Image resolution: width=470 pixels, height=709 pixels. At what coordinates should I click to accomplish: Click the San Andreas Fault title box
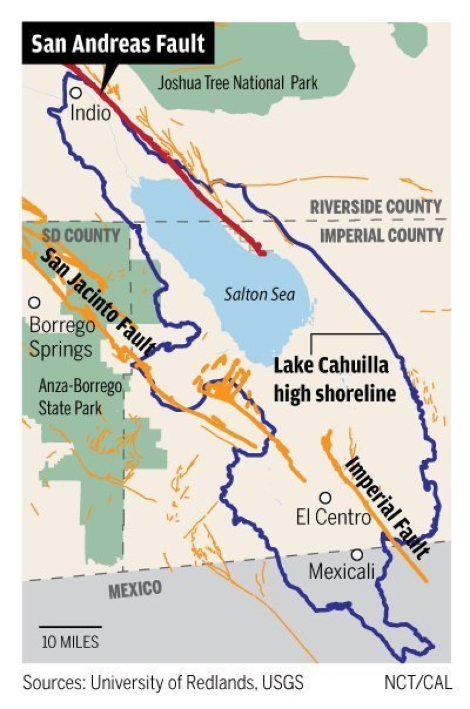[117, 44]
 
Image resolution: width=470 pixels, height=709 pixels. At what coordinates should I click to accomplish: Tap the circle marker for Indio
[76, 93]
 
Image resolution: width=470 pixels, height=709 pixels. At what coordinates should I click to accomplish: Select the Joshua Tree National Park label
[238, 84]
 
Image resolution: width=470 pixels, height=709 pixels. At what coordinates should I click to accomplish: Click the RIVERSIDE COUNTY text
[376, 207]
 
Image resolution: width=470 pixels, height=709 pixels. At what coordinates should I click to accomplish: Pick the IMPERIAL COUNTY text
[382, 235]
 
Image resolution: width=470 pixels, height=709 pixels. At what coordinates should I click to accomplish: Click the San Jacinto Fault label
[98, 302]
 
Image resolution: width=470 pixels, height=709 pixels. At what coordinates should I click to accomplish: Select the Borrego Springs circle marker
[34, 302]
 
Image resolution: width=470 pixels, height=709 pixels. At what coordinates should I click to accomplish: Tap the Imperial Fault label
[386, 507]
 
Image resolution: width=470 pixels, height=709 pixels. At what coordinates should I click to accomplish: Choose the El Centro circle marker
[325, 497]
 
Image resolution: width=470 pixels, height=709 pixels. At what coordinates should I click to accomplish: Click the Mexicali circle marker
[356, 554]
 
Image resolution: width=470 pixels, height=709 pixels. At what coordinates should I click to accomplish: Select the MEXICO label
[135, 589]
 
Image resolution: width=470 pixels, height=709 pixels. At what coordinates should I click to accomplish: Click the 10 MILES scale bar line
[70, 627]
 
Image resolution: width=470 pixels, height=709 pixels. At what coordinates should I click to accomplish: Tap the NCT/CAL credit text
[418, 683]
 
